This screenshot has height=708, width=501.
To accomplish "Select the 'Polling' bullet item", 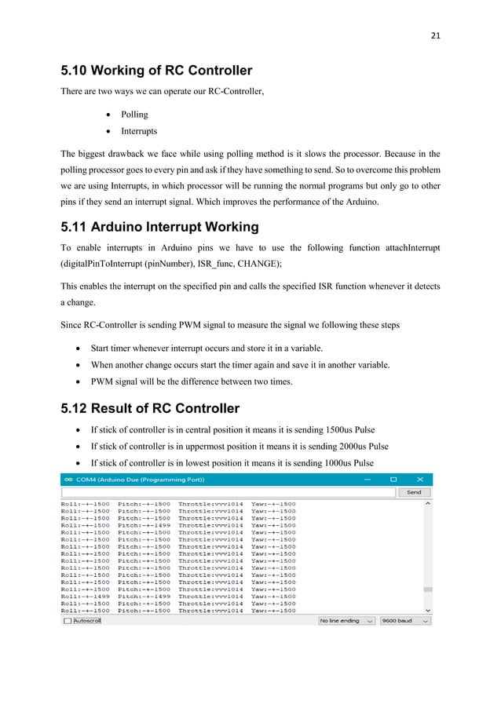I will (133, 114).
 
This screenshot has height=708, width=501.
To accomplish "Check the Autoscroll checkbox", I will (68, 620).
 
